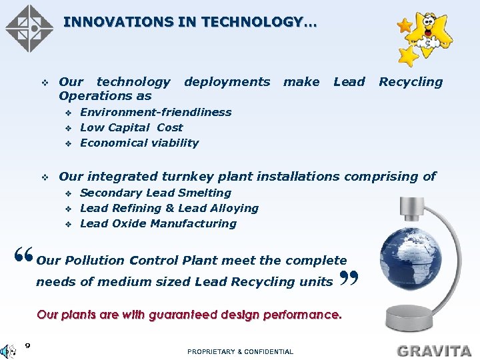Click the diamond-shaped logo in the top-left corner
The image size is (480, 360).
[29, 28]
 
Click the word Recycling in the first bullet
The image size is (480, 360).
[410, 82]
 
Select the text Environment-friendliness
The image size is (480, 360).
[155, 112]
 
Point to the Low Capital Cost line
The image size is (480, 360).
[131, 127]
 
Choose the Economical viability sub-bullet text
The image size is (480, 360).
[139, 143]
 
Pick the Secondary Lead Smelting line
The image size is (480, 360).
[155, 193]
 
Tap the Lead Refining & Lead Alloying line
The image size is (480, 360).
[169, 208]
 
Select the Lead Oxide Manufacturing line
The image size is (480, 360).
[158, 223]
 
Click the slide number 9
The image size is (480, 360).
[27, 345]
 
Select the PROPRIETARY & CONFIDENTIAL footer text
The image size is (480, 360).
[240, 351]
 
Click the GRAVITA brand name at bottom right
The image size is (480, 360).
[434, 350]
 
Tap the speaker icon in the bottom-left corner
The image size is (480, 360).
[9, 351]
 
